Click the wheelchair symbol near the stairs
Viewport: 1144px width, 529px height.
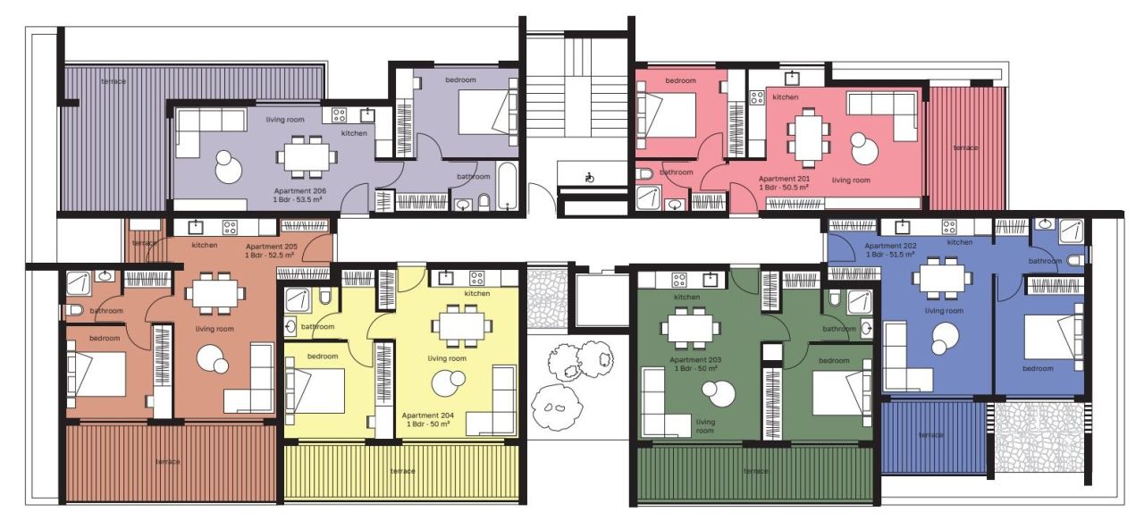click(x=588, y=178)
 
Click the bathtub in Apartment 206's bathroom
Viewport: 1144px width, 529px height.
click(x=507, y=189)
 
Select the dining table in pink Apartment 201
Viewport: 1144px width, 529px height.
click(x=808, y=137)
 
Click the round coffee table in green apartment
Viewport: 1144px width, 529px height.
click(x=714, y=391)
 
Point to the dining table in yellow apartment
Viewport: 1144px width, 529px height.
click(x=460, y=326)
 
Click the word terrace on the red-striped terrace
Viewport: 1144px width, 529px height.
click(x=964, y=147)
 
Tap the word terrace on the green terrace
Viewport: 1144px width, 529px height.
click(x=755, y=471)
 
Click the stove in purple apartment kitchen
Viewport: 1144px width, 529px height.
click(x=340, y=114)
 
